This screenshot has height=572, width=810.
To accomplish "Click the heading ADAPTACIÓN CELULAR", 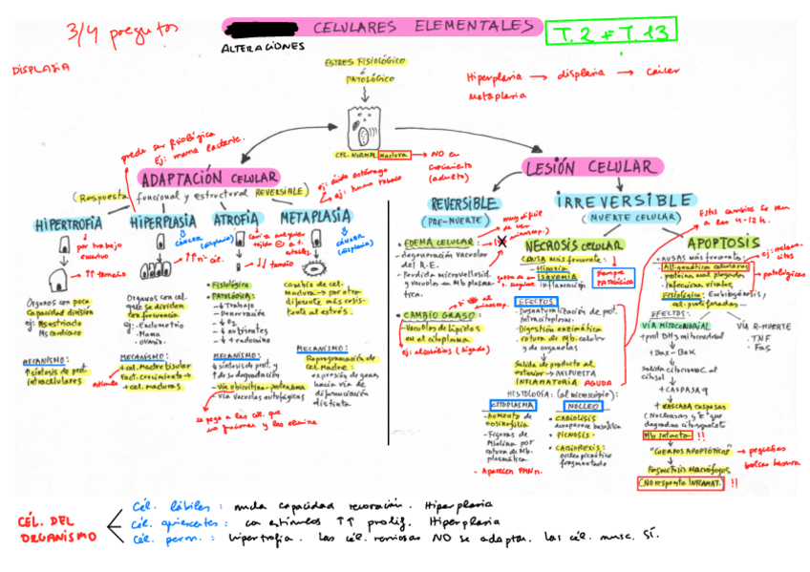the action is pos(208,179).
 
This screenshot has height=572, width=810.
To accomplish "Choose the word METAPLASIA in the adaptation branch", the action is pos(315,217).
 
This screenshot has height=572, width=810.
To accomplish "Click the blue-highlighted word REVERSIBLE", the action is pos(464,204).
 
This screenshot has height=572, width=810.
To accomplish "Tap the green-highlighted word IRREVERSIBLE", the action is pos(610,201).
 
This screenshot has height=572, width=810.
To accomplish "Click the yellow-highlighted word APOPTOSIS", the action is pos(723,242).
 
